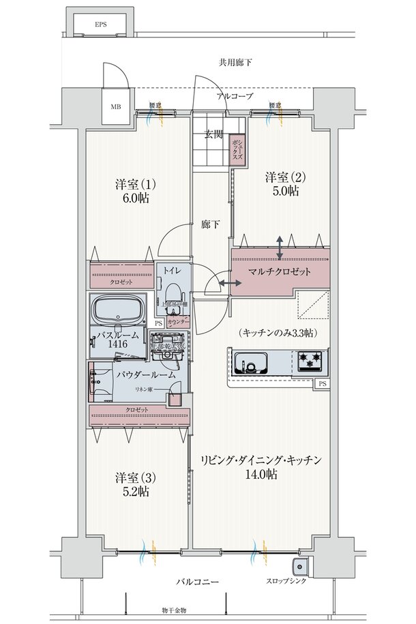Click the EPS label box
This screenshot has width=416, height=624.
[101, 25]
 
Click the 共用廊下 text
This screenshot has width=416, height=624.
[235, 63]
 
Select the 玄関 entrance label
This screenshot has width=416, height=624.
[213, 134]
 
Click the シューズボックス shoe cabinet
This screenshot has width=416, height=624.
[236, 147]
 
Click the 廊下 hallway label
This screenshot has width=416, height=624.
[210, 224]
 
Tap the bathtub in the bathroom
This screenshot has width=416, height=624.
[119, 312]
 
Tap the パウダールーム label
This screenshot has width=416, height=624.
[146, 374]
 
